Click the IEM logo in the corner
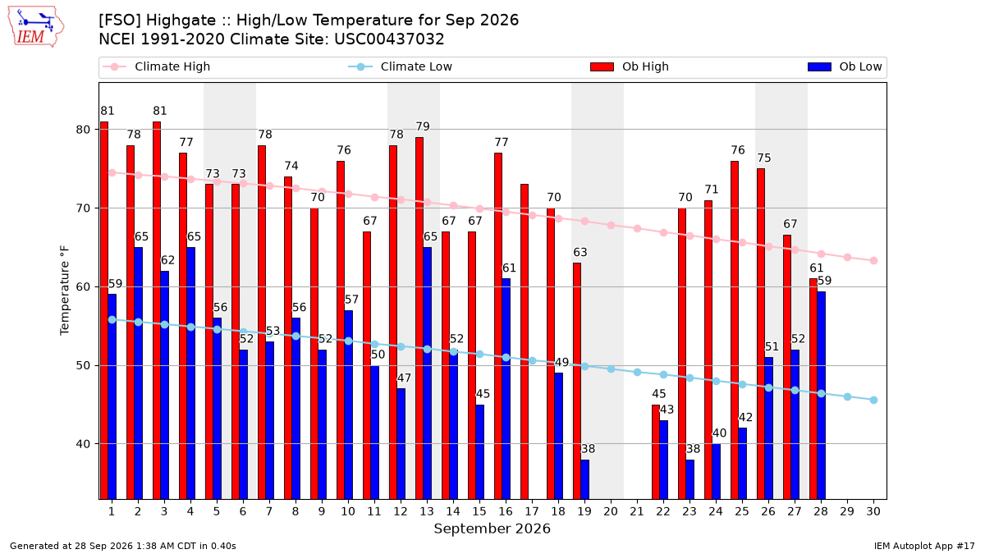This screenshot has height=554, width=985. [x=36, y=26]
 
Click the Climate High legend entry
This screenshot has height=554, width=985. [x=157, y=66]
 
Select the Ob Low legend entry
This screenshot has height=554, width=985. [x=845, y=66]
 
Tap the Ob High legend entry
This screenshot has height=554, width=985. [x=630, y=66]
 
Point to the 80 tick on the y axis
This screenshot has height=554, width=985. [x=83, y=130]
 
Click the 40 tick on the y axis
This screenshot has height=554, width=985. [x=83, y=444]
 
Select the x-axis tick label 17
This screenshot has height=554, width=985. [x=532, y=511]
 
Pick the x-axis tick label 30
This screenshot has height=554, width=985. [x=873, y=511]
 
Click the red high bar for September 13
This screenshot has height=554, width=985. [x=419, y=318]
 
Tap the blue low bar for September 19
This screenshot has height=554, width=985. [x=584, y=479]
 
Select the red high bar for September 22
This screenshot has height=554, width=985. [x=656, y=452]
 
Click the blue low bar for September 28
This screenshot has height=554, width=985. [x=821, y=396]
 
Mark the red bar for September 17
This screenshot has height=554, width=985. [x=525, y=341]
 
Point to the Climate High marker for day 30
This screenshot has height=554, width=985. [x=873, y=261]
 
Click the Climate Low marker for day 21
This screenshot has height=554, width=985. [x=637, y=373]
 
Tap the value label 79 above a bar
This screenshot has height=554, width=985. [x=423, y=126]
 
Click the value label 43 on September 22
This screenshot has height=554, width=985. [x=667, y=410]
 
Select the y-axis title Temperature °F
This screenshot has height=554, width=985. [x=65, y=291]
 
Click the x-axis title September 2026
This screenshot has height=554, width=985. [x=492, y=529]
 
